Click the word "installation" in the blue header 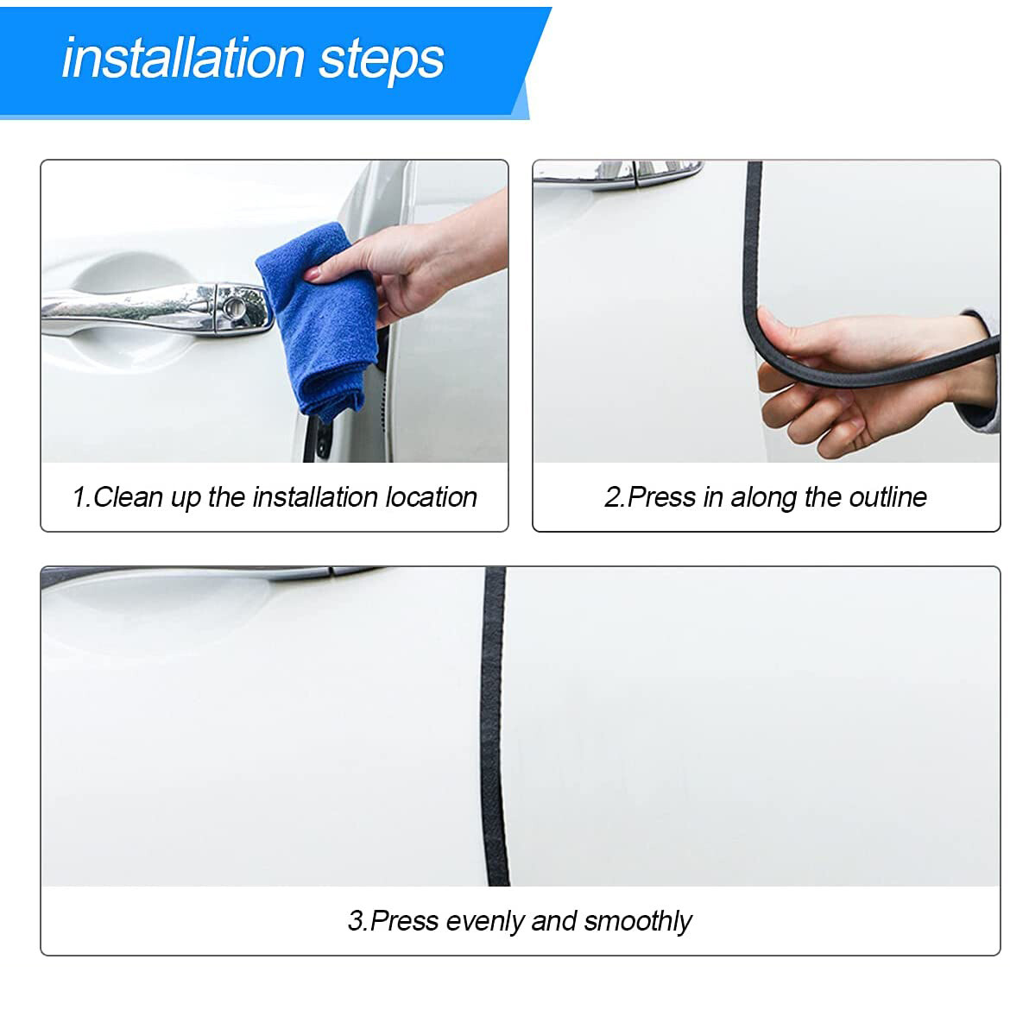(x=183, y=59)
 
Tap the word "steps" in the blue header (x=382, y=59)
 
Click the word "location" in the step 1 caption (x=431, y=497)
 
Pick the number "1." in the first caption (x=81, y=497)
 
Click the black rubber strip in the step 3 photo (x=495, y=725)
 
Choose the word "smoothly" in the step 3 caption (x=637, y=921)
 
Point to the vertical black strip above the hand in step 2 (x=752, y=233)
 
